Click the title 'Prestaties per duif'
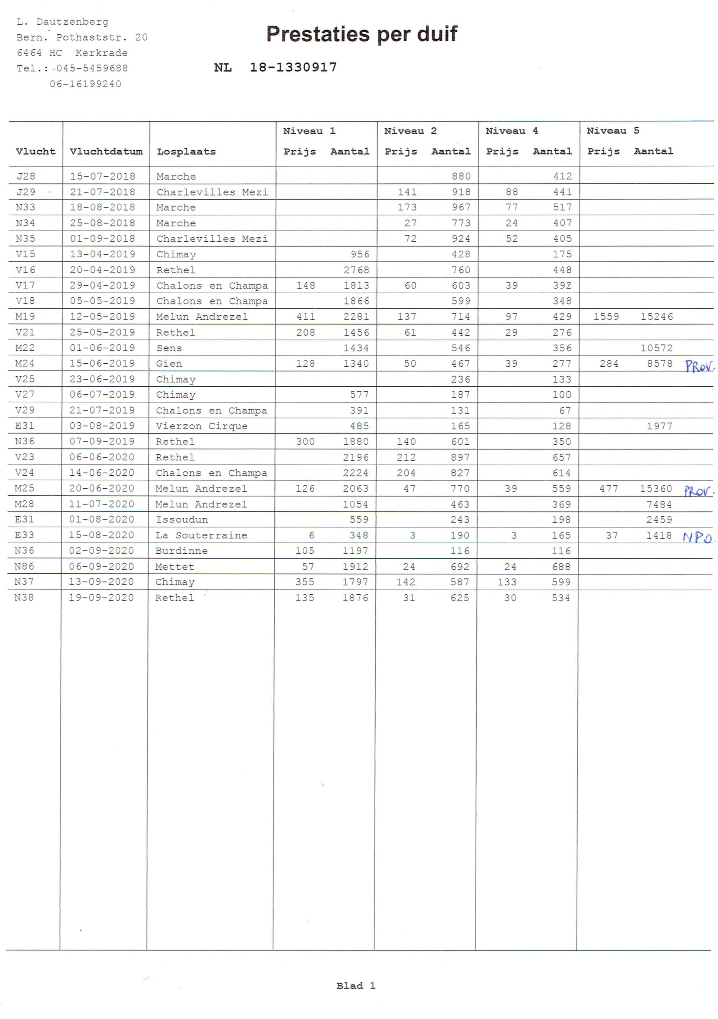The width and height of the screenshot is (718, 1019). coord(361,34)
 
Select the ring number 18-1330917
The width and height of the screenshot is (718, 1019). coord(293,68)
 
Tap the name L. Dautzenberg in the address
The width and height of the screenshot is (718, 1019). coord(62,22)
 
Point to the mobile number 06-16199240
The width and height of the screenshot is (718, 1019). coord(85,84)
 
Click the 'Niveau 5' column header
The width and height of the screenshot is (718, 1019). coord(612,130)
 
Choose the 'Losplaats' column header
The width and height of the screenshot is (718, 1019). coord(186,152)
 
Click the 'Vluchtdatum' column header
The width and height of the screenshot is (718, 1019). coord(106,152)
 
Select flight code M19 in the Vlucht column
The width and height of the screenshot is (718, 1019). coord(25,317)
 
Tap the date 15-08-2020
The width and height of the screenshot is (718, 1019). coord(101,535)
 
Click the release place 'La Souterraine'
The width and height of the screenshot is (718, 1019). coord(201,535)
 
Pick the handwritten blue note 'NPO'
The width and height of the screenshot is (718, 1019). coord(697,537)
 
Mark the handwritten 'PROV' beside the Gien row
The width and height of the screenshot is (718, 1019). coord(699,366)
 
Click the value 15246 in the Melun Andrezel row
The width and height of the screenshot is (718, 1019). coord(656,317)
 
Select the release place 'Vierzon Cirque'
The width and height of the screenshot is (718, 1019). coord(202,426)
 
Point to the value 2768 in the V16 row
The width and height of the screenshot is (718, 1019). coord(356,270)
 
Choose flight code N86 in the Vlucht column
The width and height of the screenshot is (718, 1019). coord(24,566)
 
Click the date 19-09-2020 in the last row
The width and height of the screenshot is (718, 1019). coord(101,597)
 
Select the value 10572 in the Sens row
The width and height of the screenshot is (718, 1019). coord(656,348)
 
